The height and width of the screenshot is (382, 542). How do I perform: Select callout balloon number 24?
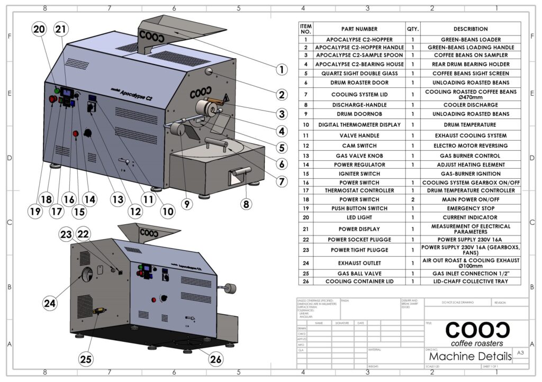click(x=49, y=303)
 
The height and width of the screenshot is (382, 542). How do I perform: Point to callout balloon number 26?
click(x=215, y=360)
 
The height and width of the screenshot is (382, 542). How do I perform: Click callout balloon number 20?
click(x=39, y=30)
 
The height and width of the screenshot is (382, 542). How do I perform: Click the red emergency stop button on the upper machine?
click(x=53, y=99)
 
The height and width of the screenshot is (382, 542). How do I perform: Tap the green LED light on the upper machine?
click(x=57, y=91)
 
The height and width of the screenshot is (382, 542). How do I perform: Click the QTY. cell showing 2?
click(x=412, y=199)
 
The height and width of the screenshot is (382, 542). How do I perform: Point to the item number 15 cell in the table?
click(x=305, y=174)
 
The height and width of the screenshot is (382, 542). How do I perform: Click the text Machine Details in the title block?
click(x=471, y=357)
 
